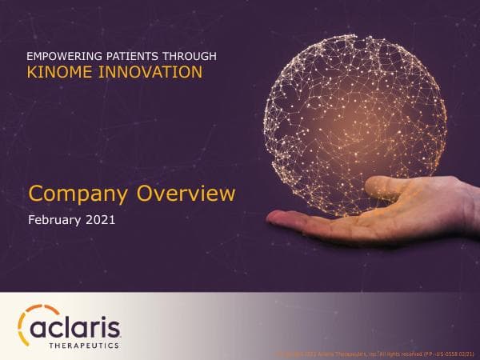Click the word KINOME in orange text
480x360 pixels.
pos(59,72)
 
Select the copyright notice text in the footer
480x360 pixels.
pos(352,353)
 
